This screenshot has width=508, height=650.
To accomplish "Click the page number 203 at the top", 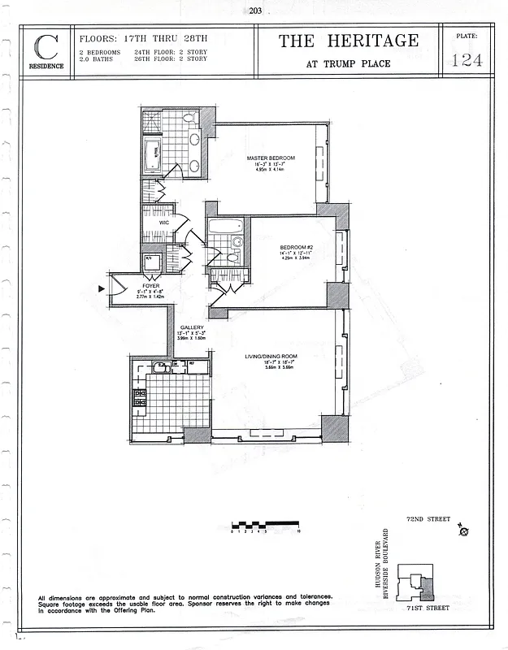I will pyautogui.click(x=254, y=11).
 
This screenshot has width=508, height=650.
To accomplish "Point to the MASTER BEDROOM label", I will pyautogui.click(x=271, y=158).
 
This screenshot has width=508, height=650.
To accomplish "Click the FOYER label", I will pyautogui.click(x=150, y=286).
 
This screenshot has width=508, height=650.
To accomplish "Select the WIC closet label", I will pyautogui.click(x=163, y=222).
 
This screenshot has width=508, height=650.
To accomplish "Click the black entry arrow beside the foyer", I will pyautogui.click(x=102, y=288).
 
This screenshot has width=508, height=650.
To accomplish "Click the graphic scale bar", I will pyautogui.click(x=266, y=525).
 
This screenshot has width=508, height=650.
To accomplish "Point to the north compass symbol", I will pyautogui.click(x=464, y=532).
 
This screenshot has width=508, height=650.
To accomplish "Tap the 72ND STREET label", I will pyautogui.click(x=428, y=518).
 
